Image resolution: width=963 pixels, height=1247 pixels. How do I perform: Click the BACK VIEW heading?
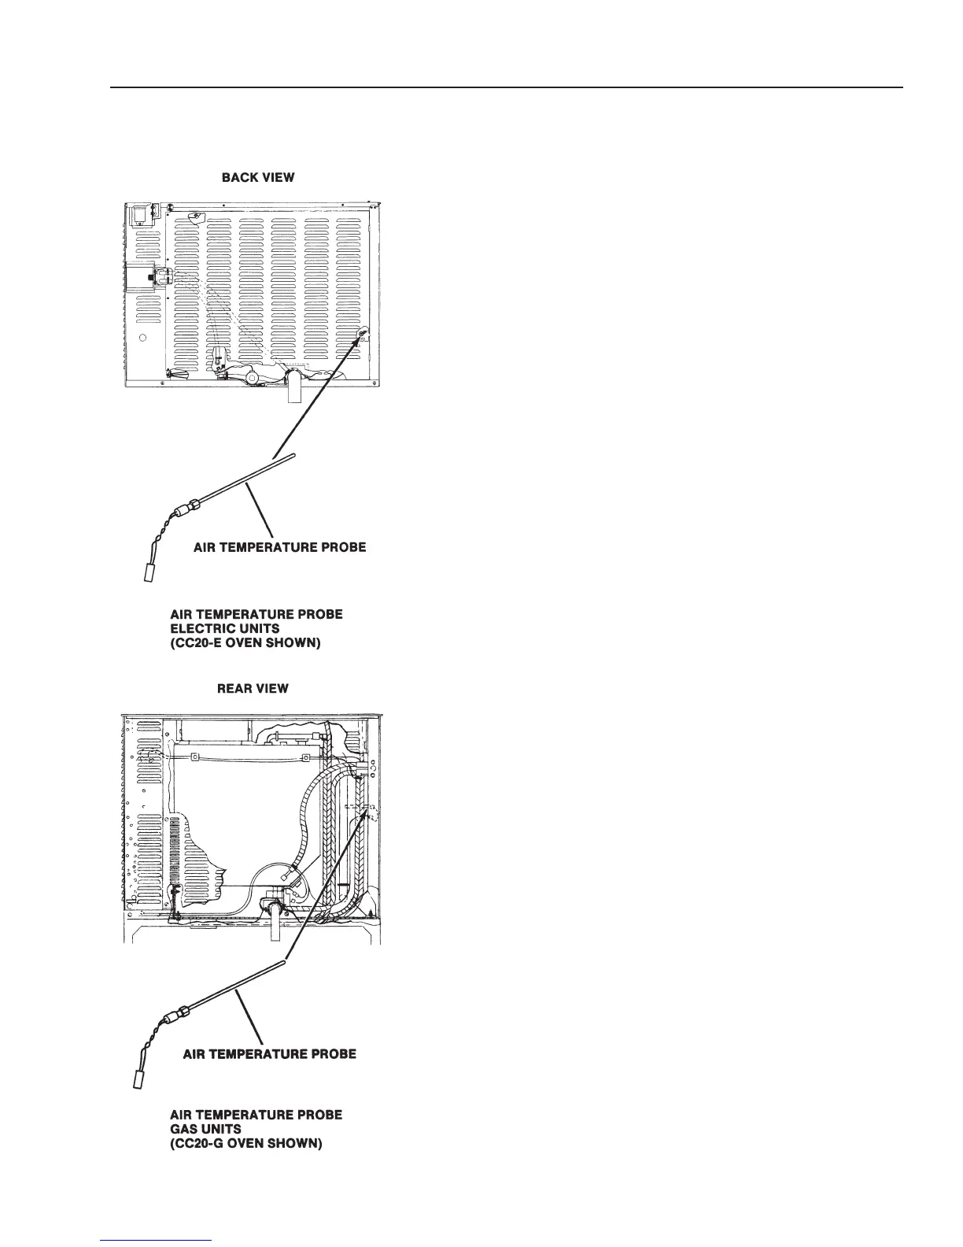258,178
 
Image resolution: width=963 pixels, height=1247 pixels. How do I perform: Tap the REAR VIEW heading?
253,689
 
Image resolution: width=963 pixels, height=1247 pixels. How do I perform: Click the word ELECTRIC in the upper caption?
202,628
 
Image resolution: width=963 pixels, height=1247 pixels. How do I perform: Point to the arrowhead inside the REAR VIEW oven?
364,817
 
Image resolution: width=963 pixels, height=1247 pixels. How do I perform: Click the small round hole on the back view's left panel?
142,339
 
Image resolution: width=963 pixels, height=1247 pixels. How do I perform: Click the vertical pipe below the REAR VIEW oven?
275,926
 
